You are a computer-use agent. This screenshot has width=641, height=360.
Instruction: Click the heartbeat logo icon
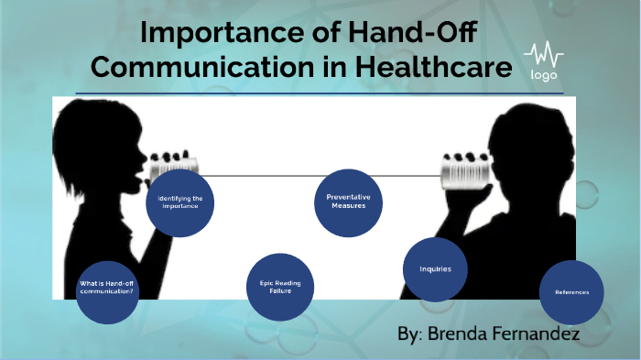click(x=543, y=54)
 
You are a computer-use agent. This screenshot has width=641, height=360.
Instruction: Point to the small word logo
click(x=543, y=75)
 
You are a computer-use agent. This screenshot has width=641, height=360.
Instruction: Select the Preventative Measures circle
click(x=347, y=202)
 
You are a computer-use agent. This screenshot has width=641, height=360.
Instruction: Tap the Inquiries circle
click(x=436, y=269)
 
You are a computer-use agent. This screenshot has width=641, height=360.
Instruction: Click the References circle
click(x=571, y=292)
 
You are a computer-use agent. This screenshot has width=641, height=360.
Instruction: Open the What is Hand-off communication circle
click(x=107, y=291)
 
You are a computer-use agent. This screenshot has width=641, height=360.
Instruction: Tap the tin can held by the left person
click(x=169, y=159)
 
